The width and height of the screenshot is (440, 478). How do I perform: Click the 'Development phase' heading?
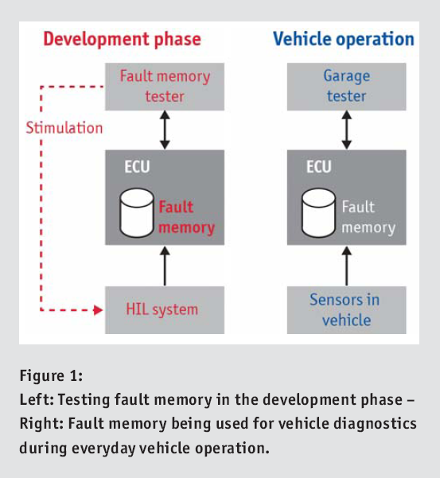pyautogui.click(x=123, y=40)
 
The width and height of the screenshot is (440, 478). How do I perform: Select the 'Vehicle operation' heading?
pyautogui.click(x=344, y=40)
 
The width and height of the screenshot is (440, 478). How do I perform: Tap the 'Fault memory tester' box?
pyautogui.click(x=165, y=87)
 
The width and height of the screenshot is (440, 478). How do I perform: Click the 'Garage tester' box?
pyautogui.click(x=346, y=87)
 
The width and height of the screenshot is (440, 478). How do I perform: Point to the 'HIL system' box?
pyautogui.click(x=165, y=309)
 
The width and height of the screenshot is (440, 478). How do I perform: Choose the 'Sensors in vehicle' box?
pyautogui.click(x=346, y=309)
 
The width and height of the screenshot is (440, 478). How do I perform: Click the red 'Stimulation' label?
pyautogui.click(x=64, y=128)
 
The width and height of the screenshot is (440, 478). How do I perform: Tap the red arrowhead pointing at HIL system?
pyautogui.click(x=98, y=310)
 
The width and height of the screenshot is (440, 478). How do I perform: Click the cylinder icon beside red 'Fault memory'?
pyautogui.click(x=137, y=213)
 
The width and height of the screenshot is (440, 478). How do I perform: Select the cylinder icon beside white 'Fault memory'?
pyautogui.click(x=318, y=213)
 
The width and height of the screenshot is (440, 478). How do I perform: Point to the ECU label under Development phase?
pyautogui.click(x=137, y=167)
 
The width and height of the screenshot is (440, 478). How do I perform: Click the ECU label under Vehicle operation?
pyautogui.click(x=319, y=167)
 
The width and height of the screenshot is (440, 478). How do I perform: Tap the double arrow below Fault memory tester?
pyautogui.click(x=165, y=130)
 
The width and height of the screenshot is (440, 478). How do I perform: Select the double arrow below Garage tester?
pyautogui.click(x=347, y=130)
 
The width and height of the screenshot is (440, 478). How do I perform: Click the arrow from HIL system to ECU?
pyautogui.click(x=165, y=266)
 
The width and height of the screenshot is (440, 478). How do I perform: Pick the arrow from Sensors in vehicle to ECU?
pyautogui.click(x=347, y=266)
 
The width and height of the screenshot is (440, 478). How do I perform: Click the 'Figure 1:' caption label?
pyautogui.click(x=51, y=375)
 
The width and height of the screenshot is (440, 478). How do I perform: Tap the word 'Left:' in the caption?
pyautogui.click(x=37, y=399)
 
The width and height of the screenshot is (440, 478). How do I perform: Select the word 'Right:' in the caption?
pyautogui.click(x=42, y=424)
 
